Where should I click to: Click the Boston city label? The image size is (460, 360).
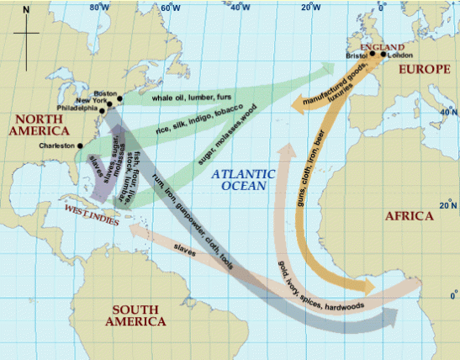tap(105, 93)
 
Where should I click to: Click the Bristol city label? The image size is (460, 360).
tap(357, 56)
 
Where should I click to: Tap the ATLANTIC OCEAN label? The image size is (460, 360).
tap(244, 178)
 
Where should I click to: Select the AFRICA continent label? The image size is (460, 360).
tap(409, 216)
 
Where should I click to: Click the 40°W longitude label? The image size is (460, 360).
tap(241, 8)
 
